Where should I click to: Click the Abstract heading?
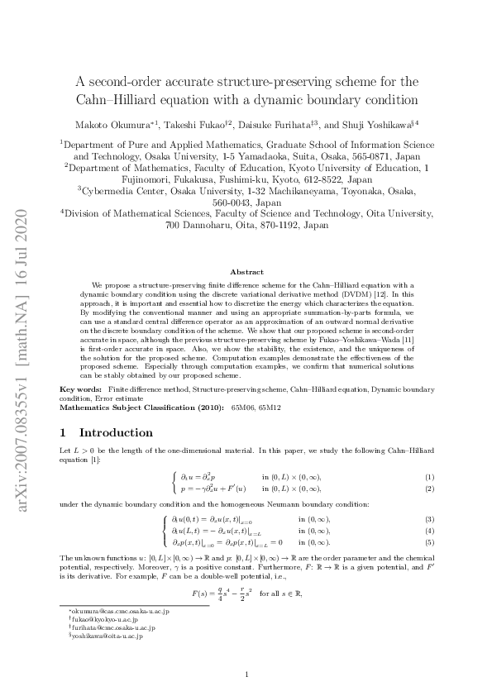[x=246, y=272]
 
